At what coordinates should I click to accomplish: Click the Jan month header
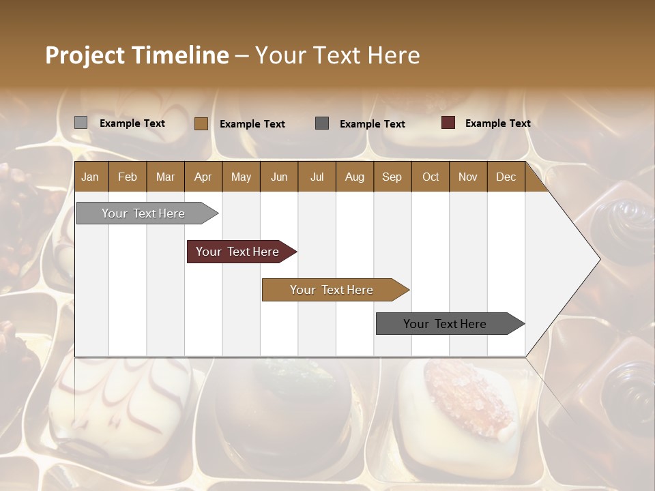[x=90, y=177]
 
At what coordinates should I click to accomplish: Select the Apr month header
[x=203, y=177]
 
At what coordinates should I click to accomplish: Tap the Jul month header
[x=317, y=177]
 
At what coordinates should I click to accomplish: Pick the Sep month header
[x=392, y=177]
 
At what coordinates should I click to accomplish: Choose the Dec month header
[x=506, y=177]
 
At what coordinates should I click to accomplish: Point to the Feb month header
[x=128, y=177]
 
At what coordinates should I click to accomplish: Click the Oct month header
[x=431, y=177]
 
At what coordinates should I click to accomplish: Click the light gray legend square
[x=81, y=123]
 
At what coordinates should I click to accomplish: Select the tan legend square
[x=201, y=123]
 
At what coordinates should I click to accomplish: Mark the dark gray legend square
[x=322, y=123]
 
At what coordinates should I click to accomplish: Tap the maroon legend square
[x=448, y=123]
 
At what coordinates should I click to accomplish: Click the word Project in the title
[x=84, y=55]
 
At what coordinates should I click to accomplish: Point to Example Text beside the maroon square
[x=497, y=123]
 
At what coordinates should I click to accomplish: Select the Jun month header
[x=279, y=177]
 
